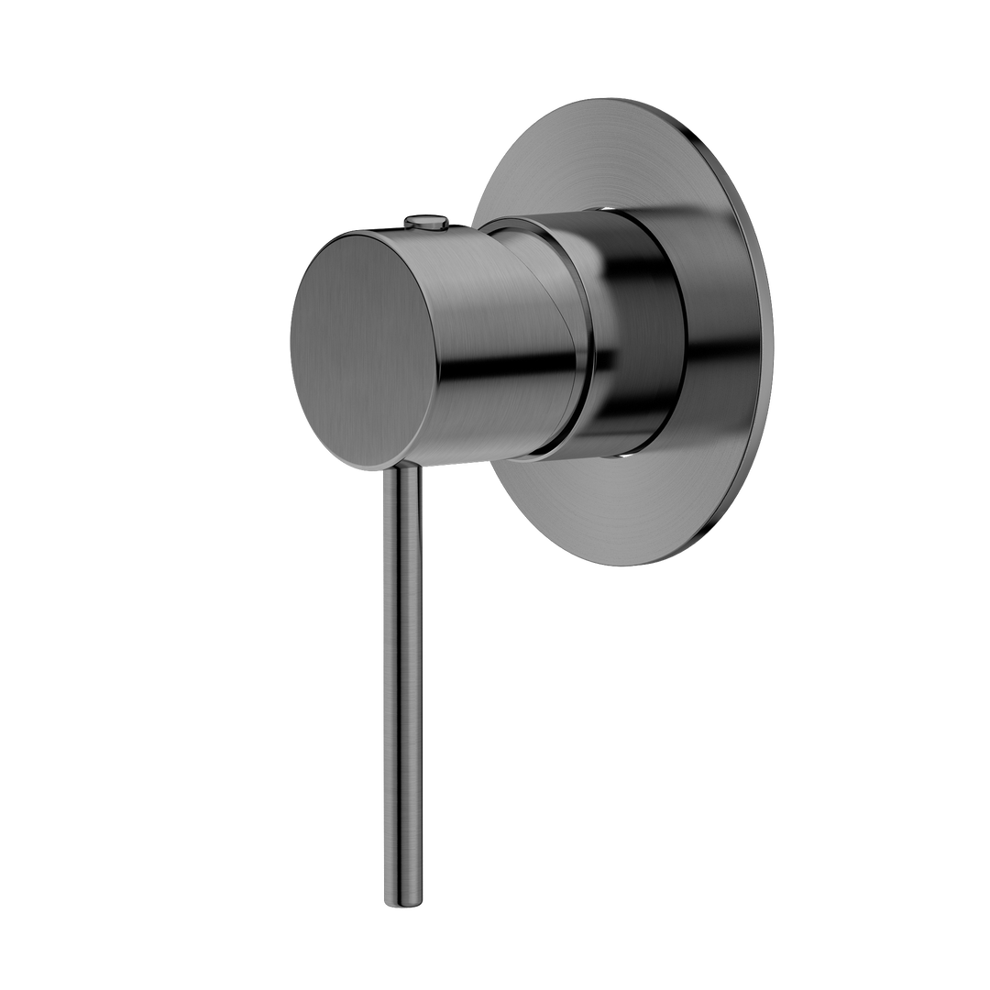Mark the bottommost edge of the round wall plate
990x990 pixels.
(623, 565)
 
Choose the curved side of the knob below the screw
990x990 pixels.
(458, 275)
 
